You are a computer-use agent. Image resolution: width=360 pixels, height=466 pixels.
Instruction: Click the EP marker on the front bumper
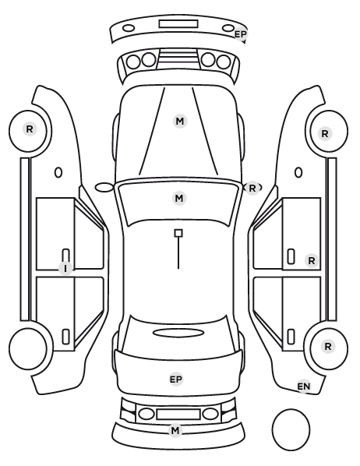(x=241, y=34)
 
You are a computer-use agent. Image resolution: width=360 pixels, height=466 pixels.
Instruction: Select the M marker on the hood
(x=180, y=122)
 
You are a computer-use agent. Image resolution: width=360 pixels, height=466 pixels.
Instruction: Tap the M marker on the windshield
(x=179, y=198)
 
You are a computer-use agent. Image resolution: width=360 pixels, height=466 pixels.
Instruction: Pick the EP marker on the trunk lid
(x=176, y=380)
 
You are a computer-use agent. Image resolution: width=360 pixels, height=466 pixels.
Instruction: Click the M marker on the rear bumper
(x=175, y=430)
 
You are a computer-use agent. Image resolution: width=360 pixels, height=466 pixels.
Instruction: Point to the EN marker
(x=304, y=387)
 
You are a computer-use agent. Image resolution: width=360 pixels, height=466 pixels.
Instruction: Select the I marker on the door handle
(x=65, y=269)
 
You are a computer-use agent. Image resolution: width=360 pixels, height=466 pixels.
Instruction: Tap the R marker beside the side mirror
(x=252, y=188)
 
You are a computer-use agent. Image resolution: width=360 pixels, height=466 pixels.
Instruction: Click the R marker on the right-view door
(x=312, y=261)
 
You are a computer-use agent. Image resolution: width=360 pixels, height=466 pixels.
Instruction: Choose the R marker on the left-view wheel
(x=30, y=129)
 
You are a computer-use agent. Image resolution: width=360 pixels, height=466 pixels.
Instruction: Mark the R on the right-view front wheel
(x=325, y=134)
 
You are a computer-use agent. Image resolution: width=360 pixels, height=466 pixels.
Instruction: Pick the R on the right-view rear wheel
(x=328, y=347)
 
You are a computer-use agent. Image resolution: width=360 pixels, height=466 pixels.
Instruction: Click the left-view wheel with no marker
(x=28, y=348)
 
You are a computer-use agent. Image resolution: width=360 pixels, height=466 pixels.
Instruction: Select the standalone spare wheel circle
(x=291, y=429)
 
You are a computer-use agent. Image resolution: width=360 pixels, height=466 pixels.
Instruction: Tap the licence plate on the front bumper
(x=178, y=24)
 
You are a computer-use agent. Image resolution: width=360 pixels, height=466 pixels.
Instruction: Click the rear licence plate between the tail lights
(x=178, y=414)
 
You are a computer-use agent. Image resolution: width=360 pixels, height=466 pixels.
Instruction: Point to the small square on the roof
(x=178, y=233)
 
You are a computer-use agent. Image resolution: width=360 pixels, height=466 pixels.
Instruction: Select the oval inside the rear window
(x=178, y=333)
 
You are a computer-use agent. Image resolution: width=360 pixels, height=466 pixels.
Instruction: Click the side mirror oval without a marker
(x=104, y=188)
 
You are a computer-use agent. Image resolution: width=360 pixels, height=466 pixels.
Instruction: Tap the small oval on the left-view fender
(x=58, y=172)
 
